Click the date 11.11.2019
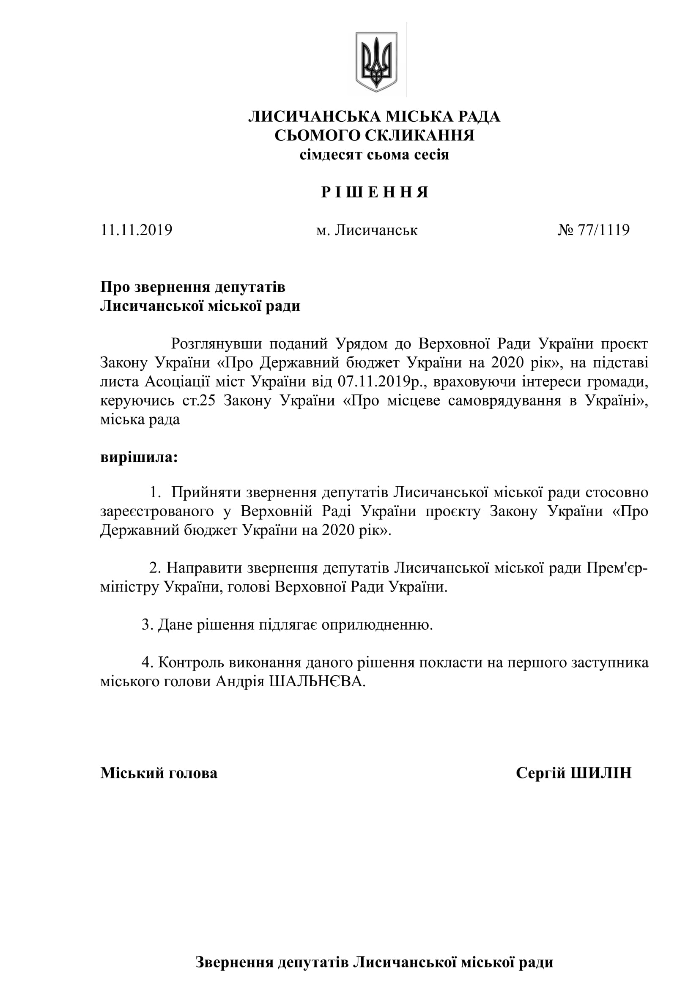point(136,230)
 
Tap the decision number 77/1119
point(603,230)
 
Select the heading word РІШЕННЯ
point(375,192)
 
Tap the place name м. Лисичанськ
point(367,230)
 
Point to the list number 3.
point(147,625)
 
